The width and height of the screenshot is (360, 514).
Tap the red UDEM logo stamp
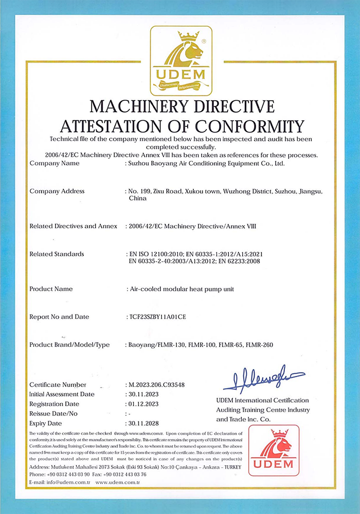point(274,450)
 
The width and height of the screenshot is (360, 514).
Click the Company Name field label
point(55,163)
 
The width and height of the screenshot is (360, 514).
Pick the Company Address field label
point(57,191)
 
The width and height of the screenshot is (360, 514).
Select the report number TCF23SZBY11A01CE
point(156,317)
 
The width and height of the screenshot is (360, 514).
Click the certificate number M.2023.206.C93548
point(159,384)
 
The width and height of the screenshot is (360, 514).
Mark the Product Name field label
point(51,289)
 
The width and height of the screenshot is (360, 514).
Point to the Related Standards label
point(57,254)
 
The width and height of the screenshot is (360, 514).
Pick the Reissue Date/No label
point(54,413)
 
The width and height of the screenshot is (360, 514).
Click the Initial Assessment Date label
point(62,394)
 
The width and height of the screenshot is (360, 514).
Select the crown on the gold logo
point(188,36)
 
